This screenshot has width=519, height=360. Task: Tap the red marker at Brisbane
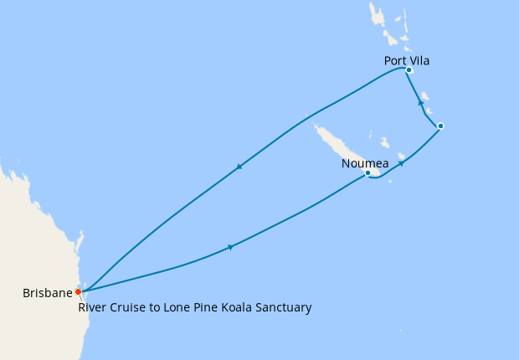(79, 292)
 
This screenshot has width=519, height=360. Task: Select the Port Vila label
(407, 60)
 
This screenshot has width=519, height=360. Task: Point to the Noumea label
(364, 164)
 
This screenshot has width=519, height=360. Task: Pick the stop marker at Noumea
(367, 173)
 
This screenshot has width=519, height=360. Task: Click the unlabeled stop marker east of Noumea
(440, 126)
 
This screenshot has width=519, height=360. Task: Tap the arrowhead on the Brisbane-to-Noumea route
(229, 247)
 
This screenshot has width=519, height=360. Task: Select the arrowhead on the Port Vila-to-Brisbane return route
(239, 166)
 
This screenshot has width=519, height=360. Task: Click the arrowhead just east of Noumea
(402, 163)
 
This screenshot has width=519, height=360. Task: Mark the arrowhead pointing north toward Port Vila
(420, 102)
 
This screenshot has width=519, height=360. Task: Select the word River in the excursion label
(91, 308)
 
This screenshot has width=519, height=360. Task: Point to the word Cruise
(126, 308)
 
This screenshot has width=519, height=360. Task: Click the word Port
(395, 60)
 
